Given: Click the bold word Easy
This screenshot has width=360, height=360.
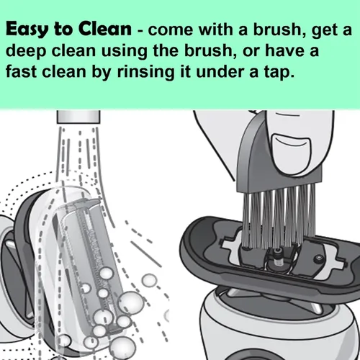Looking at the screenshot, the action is coord(27,30).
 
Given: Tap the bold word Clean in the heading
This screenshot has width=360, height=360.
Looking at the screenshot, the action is coord(105,29).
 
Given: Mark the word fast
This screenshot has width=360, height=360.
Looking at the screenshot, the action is coord(22,71).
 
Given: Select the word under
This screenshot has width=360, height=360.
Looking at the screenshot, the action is coord(220,71).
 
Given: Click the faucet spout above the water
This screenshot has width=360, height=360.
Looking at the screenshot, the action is coord(78,117).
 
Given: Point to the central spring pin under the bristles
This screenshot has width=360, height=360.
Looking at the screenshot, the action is coord(278,257).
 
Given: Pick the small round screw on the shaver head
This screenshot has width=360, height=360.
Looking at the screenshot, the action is coord(318,259).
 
